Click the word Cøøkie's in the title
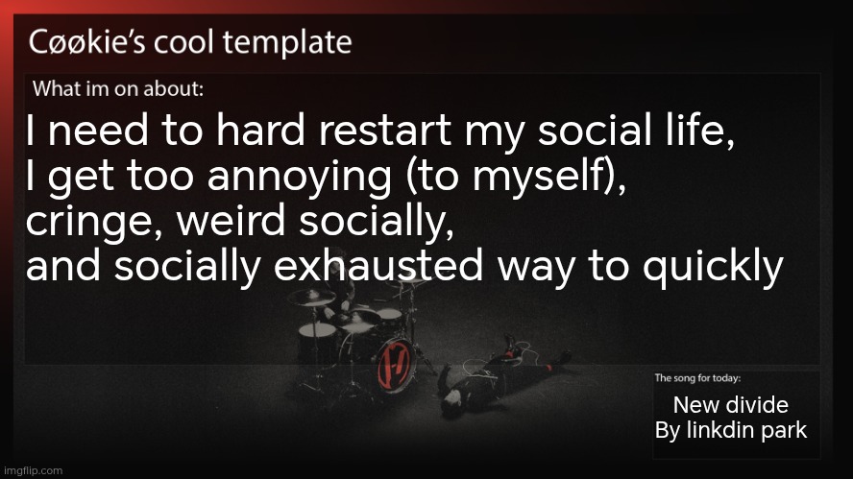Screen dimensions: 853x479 (x=86, y=42)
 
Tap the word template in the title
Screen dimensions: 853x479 (x=287, y=43)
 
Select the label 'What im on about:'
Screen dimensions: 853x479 (x=118, y=88)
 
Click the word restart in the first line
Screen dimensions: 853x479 (x=384, y=131)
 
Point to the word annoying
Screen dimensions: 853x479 (x=299, y=179)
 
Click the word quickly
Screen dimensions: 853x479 (x=713, y=268)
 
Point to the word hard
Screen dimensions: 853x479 (x=260, y=131)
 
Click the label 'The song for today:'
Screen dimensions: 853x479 (x=697, y=378)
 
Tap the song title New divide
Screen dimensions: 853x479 (x=731, y=404)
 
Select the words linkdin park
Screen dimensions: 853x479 (x=746, y=431)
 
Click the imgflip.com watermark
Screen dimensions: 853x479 (x=33, y=471)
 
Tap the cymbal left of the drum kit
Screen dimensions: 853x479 (x=311, y=298)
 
